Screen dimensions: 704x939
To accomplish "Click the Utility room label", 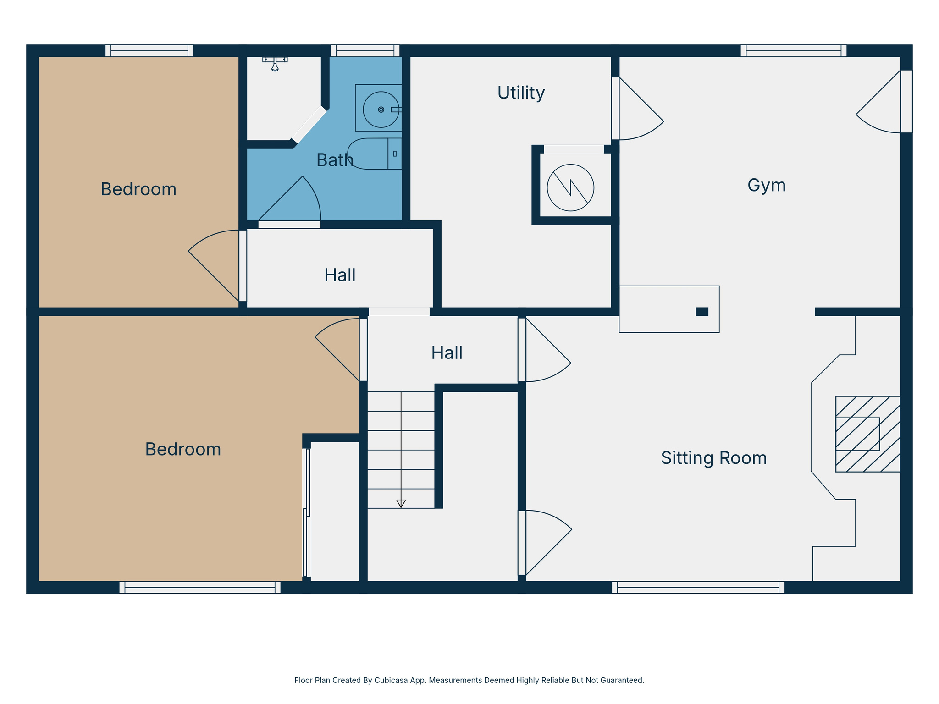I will tap(521, 93).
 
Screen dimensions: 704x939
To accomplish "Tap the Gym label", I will tap(766, 186).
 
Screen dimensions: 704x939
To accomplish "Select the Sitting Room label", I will tap(713, 458).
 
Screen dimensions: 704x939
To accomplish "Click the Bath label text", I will tap(335, 160).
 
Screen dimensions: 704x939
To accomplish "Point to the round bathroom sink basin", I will tap(381, 110).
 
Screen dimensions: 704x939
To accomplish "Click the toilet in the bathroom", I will tap(374, 154).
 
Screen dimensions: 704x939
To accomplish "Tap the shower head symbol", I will tap(275, 64).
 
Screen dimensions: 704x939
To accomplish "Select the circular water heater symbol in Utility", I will tap(570, 187).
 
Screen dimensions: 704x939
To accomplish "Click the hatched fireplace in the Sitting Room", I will tap(867, 434).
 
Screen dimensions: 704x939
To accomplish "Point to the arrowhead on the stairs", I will tap(401, 503).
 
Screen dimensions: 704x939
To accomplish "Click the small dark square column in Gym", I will tap(701, 312).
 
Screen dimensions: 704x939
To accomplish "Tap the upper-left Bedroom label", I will tap(138, 190).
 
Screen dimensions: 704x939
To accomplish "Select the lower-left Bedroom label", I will tap(183, 450).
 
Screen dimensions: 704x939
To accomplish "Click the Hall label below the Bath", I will tap(340, 275).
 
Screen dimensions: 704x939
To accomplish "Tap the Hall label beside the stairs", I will tap(447, 353).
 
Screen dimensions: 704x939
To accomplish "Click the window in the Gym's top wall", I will tap(793, 51).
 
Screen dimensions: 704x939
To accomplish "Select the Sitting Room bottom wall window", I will tap(698, 587).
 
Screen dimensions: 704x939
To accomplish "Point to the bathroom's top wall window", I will tap(365, 51).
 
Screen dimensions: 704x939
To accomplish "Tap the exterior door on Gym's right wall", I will tap(906, 101).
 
